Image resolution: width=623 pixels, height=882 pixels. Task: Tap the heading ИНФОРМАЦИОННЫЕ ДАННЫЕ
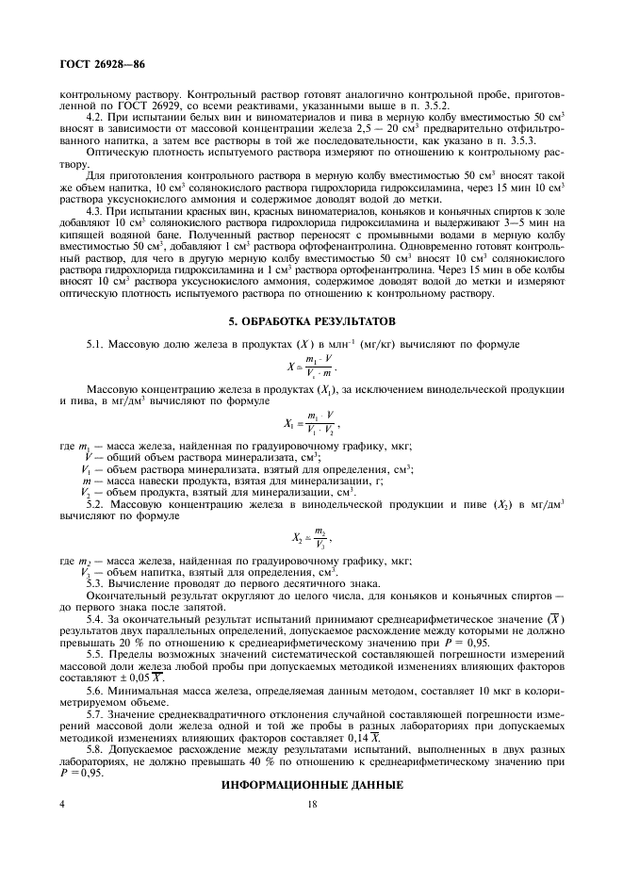(311, 785)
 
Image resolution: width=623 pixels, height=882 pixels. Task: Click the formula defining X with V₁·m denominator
(311, 367)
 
